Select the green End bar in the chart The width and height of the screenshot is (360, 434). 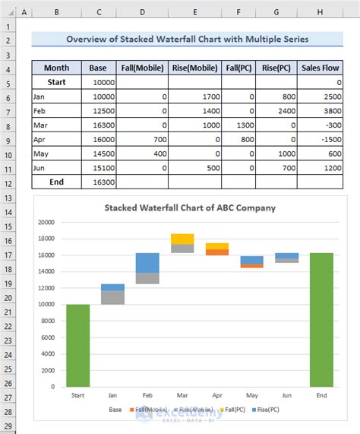point(321,319)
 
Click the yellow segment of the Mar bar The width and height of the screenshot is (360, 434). point(182,239)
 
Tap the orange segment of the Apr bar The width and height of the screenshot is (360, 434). point(217,252)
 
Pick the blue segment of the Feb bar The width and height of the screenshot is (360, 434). point(147,262)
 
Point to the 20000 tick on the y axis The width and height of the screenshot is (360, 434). point(46,223)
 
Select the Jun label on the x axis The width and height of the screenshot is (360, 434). point(286,394)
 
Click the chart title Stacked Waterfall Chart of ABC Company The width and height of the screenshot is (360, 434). point(190,207)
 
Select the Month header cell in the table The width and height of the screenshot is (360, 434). point(56,67)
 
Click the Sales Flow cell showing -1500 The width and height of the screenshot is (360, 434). point(321,139)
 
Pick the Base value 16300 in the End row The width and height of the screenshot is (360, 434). point(103,182)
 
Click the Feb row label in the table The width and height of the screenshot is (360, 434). point(39,110)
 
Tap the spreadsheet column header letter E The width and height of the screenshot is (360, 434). point(195,13)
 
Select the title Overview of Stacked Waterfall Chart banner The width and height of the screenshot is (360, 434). point(188,39)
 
